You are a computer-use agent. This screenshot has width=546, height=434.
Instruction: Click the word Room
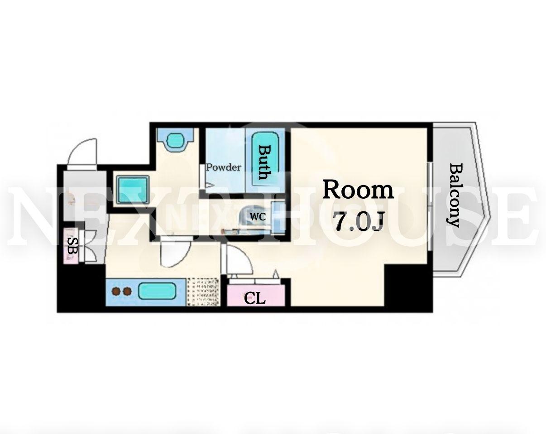pos(358,190)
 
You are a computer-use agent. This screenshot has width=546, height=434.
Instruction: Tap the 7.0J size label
pos(359,221)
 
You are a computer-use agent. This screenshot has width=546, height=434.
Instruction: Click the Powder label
pos(223,167)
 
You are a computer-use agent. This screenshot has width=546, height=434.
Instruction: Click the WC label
pos(258,217)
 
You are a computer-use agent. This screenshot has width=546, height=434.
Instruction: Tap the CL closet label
pos(255,298)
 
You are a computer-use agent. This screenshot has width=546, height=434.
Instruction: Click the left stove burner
pos(116,291)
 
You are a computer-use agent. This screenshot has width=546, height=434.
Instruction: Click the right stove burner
pos(127,291)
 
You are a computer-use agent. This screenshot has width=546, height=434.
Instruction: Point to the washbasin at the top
pos(176,139)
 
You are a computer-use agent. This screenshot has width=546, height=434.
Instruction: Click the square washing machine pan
pos(133,190)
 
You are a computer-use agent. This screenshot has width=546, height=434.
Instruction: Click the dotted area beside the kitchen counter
pos(203,292)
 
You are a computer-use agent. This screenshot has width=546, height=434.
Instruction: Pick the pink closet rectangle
pos(256,296)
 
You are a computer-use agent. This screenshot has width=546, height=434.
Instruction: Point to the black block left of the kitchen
pos(81,286)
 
